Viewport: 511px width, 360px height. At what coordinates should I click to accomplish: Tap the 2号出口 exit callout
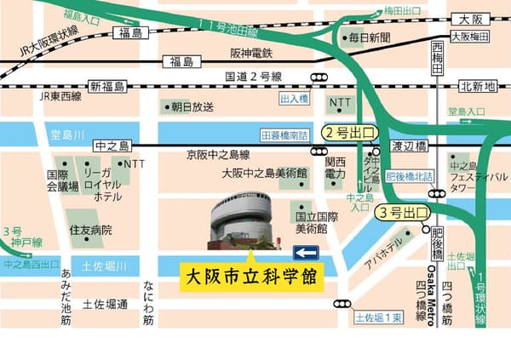(350, 132)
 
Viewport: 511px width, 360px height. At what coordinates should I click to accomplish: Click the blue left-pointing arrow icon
(305, 253)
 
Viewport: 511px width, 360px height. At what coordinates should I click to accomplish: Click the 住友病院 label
(91, 230)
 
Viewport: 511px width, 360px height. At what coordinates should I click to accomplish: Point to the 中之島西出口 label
(31, 264)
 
